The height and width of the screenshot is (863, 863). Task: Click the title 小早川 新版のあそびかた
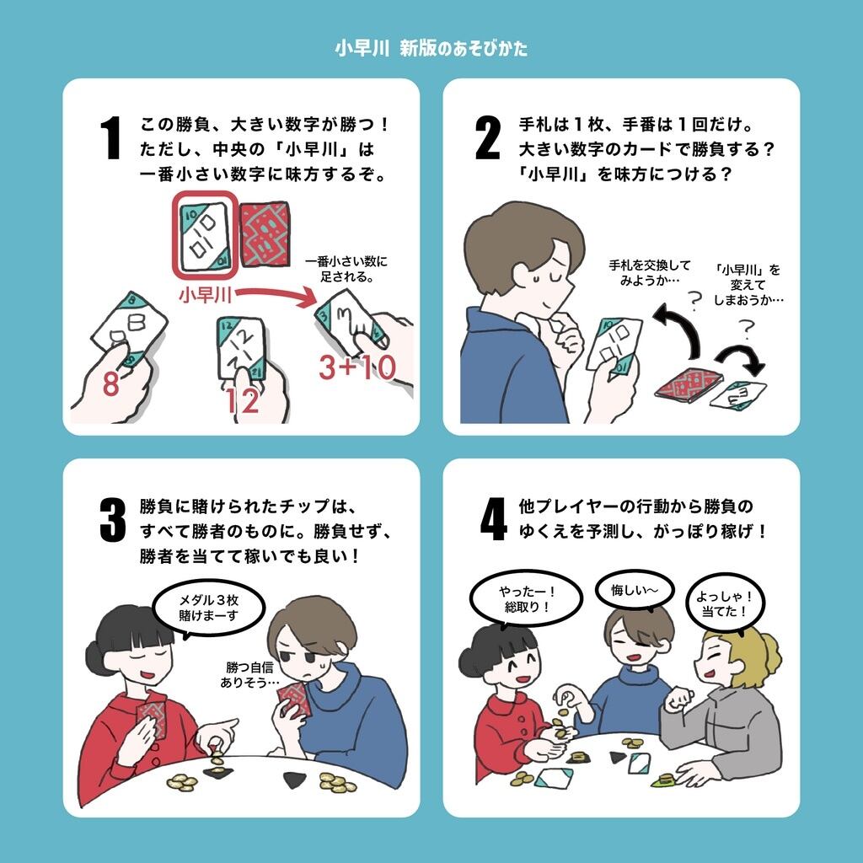click(431, 48)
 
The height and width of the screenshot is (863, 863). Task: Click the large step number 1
click(111, 137)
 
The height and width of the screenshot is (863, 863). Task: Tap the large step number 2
click(488, 137)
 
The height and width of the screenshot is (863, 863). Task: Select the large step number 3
click(113, 519)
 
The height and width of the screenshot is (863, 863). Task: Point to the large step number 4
click(493, 519)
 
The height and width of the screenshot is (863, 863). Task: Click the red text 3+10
click(357, 367)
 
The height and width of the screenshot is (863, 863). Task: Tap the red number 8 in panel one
click(110, 383)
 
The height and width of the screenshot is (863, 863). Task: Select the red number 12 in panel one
click(242, 401)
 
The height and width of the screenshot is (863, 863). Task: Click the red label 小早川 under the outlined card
click(206, 295)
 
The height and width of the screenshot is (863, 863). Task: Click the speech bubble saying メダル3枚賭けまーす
click(208, 608)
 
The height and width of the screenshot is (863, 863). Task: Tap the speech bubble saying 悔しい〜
click(635, 590)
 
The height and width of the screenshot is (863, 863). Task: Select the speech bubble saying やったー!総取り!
click(526, 599)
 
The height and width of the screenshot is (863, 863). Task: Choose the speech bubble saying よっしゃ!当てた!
click(725, 603)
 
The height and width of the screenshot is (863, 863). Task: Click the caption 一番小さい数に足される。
click(346, 269)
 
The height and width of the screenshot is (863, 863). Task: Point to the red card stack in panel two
click(689, 383)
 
